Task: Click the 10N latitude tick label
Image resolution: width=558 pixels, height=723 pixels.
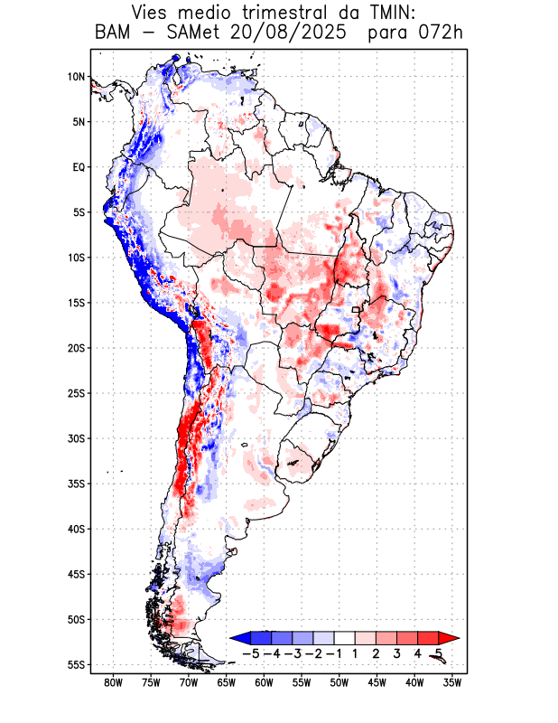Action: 76,77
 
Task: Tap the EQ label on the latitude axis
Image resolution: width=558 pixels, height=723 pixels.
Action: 79,167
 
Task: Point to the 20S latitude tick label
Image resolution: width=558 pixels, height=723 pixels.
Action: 76,348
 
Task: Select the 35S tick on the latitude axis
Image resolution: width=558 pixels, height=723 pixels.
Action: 76,484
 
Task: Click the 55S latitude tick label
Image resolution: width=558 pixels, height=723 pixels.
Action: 76,664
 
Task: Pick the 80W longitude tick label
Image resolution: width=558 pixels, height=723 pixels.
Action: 113,682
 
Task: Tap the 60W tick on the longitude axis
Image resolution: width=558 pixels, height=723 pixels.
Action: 264,682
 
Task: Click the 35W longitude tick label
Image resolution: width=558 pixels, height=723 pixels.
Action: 452,682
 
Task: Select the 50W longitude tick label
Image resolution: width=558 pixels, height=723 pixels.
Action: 339,682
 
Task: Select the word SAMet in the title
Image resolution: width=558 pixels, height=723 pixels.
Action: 186,33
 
